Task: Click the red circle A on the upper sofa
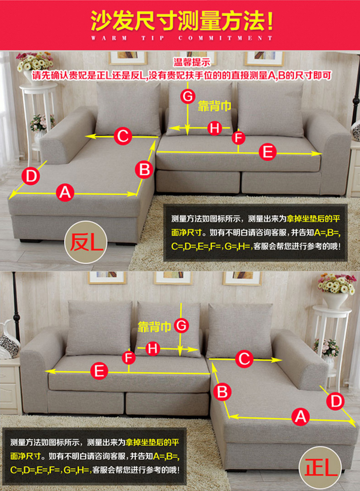pos(65,192)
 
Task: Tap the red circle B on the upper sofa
pos(144,170)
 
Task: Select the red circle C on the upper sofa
pos(123,136)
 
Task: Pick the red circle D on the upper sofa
pos(31,176)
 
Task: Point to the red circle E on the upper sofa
pos(267,152)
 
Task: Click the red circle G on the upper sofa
pos(188,97)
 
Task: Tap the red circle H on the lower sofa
pos(153,348)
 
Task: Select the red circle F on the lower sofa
pos(129,358)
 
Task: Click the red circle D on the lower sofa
pos(335,401)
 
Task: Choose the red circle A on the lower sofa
pos(300,417)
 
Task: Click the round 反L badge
pos(86,242)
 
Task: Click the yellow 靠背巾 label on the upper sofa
pos(214,107)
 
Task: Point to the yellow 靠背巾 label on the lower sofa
pos(154,327)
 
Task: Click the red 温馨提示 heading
pos(192,62)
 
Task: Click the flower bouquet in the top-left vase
pos(35,61)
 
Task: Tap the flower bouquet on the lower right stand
pos(337,283)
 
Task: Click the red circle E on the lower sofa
pos(99,371)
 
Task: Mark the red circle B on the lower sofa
pos(222,392)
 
